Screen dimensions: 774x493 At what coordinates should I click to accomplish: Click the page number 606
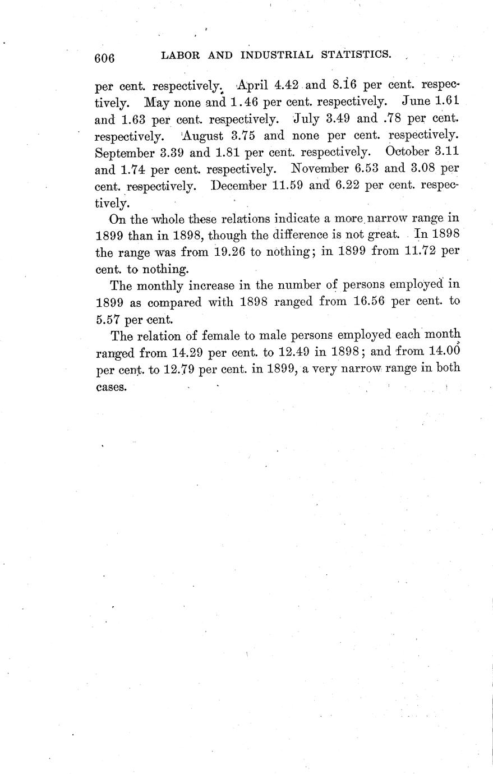click(x=104, y=58)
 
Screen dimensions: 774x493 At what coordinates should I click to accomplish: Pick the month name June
click(x=416, y=102)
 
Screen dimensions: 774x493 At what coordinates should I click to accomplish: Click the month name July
click(x=306, y=119)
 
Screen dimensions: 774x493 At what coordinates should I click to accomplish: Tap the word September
click(x=127, y=152)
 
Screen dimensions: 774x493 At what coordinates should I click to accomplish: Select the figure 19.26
click(x=230, y=251)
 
